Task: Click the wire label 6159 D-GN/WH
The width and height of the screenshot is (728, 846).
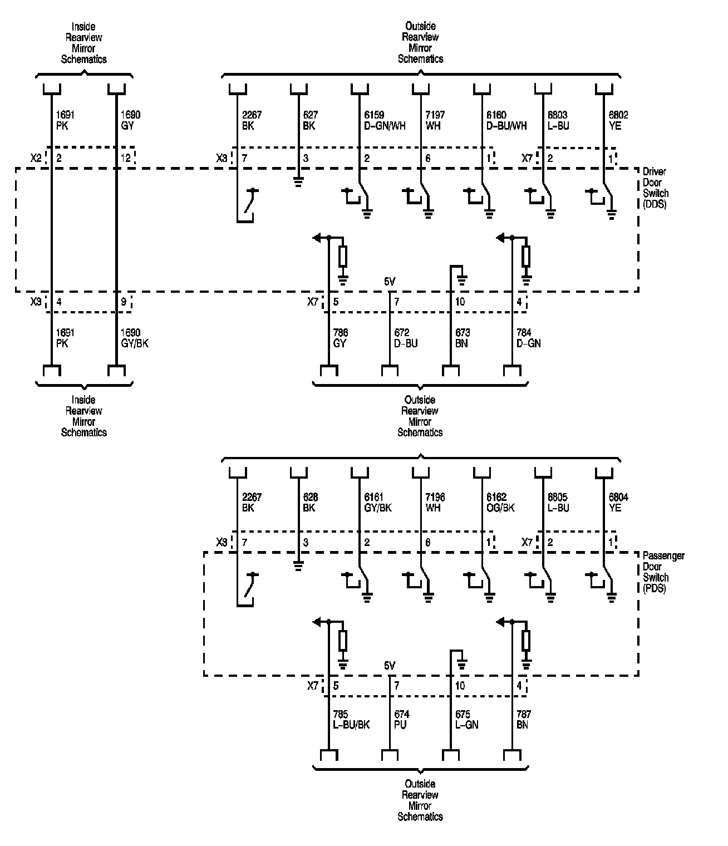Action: click(385, 121)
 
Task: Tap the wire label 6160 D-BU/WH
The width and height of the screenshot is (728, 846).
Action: click(506, 121)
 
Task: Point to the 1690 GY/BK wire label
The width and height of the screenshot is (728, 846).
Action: click(134, 338)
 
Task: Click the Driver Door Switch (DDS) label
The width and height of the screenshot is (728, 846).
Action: click(656, 188)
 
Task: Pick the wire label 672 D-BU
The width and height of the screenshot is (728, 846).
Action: click(406, 338)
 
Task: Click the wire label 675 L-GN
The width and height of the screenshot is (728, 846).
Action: click(466, 720)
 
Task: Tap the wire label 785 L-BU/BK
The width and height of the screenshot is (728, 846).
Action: click(351, 720)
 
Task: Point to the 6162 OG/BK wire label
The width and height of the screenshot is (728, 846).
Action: click(500, 503)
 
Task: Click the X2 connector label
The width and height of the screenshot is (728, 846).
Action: click(36, 158)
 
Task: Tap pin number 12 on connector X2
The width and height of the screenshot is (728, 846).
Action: click(126, 159)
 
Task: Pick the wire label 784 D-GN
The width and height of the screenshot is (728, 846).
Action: click(528, 338)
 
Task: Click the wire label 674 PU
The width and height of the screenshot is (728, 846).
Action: click(401, 720)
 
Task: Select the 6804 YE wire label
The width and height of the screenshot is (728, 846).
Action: click(618, 503)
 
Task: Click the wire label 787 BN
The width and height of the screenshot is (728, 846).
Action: click(524, 720)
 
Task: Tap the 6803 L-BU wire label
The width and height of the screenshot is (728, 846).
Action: click(558, 121)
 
